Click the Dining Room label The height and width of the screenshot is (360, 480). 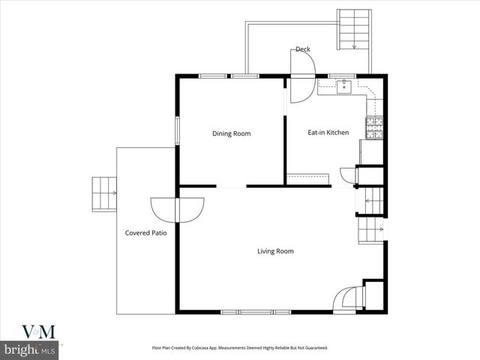point(231,133)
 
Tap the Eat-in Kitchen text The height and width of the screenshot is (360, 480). point(328,133)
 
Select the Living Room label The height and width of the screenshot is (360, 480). point(275,251)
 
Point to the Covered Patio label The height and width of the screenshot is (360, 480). point(145,233)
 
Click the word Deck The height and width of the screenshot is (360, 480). point(302,49)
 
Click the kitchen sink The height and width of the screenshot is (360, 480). point(344,87)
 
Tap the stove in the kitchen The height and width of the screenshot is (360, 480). point(373,128)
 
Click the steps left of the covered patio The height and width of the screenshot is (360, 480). point(104,194)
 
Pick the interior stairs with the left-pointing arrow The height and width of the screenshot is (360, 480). point(373,200)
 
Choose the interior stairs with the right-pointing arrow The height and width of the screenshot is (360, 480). point(370,228)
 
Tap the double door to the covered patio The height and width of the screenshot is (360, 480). point(177,208)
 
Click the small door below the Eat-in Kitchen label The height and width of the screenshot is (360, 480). point(347,175)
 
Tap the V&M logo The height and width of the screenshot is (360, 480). point(32,332)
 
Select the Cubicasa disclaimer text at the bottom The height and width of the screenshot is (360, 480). point(240,348)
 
